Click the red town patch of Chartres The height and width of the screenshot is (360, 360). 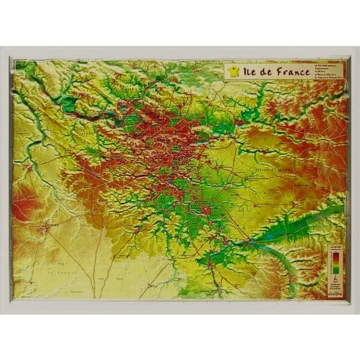[43, 228]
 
